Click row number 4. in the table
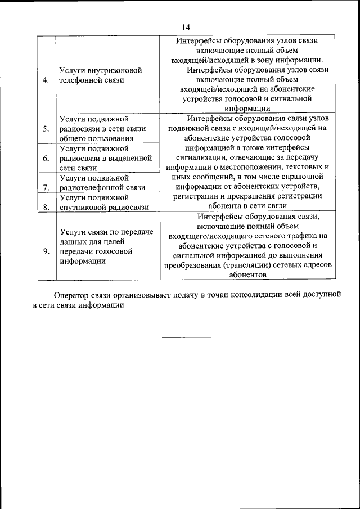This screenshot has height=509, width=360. pyautogui.click(x=46, y=80)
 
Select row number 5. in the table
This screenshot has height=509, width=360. pyautogui.click(x=46, y=128)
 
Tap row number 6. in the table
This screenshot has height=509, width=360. pyautogui.click(x=46, y=158)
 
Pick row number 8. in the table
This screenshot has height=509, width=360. pyautogui.click(x=46, y=207)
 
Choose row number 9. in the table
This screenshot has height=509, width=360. pyautogui.click(x=46, y=251)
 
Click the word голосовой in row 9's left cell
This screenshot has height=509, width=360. pyautogui.click(x=111, y=251)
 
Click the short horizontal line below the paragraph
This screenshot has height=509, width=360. pyautogui.click(x=187, y=337)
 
